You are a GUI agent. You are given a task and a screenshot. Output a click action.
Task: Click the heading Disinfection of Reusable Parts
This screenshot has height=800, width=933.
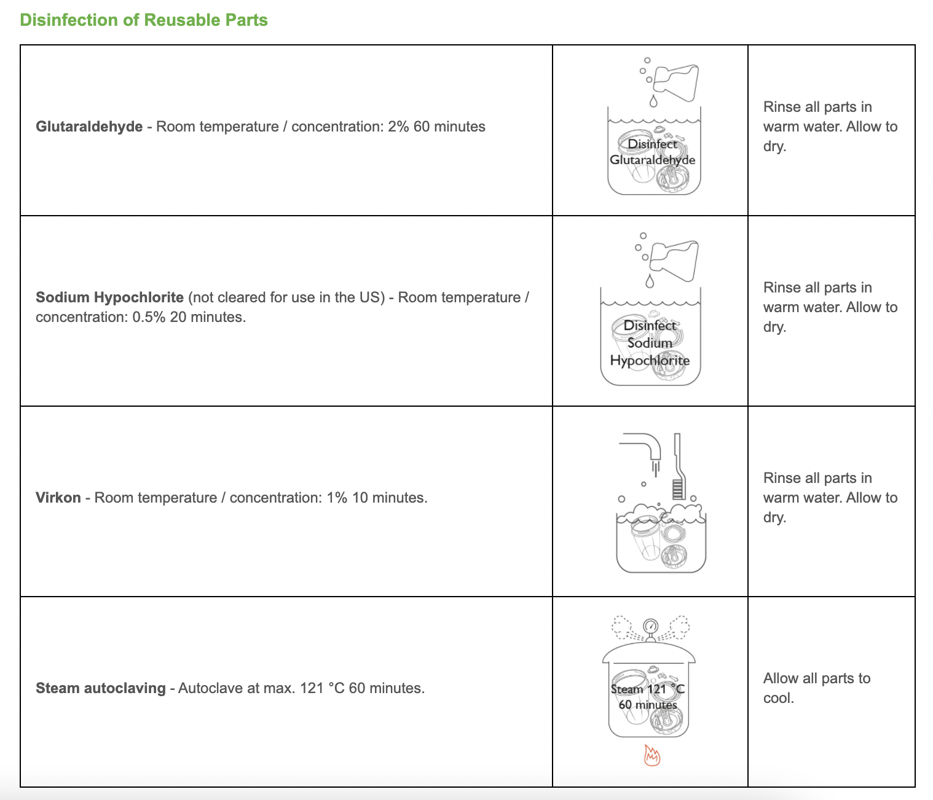click(144, 20)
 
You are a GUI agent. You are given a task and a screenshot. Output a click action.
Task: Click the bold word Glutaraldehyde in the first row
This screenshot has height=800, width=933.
click(89, 127)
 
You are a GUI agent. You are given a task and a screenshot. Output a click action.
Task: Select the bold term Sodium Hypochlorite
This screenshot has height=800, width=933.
click(109, 297)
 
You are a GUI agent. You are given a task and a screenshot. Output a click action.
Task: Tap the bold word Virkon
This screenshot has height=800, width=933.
click(58, 498)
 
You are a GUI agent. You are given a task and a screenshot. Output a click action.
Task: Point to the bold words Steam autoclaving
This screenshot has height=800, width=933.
click(101, 688)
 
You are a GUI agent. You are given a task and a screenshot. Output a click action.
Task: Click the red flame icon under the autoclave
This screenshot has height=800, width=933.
click(652, 755)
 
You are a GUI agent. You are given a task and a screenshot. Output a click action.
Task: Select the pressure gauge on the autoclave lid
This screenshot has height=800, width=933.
click(650, 627)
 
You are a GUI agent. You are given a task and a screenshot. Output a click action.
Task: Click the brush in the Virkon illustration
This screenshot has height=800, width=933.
click(677, 467)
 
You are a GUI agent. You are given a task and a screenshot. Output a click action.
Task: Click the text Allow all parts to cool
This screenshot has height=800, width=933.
click(816, 688)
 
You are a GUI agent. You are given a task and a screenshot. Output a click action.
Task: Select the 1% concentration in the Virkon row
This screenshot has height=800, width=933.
click(337, 498)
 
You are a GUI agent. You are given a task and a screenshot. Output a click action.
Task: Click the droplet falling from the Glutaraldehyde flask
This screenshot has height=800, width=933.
click(653, 100)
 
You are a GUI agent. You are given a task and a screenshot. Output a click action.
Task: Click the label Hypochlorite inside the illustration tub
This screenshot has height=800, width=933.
click(650, 361)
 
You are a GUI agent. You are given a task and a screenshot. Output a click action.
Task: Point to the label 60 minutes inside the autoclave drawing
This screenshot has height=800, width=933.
click(648, 705)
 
